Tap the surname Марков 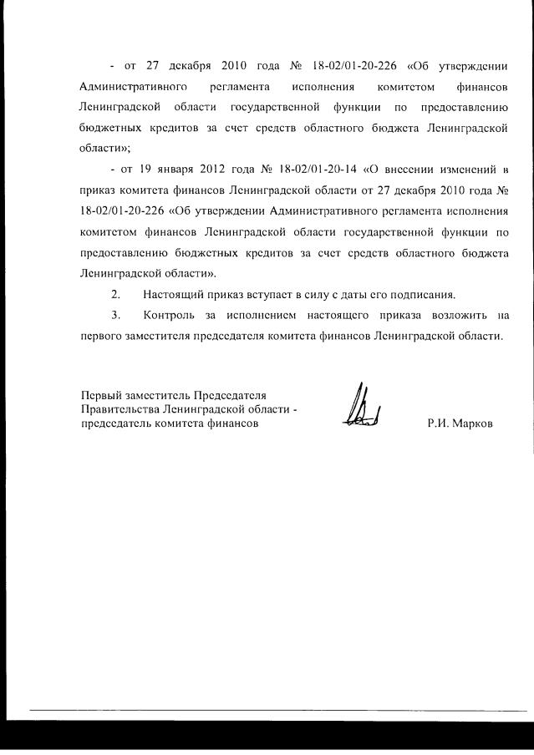coord(473,423)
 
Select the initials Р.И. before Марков coord(438,423)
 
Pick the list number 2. coord(115,295)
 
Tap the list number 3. coord(115,316)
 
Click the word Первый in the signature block coord(101,394)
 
